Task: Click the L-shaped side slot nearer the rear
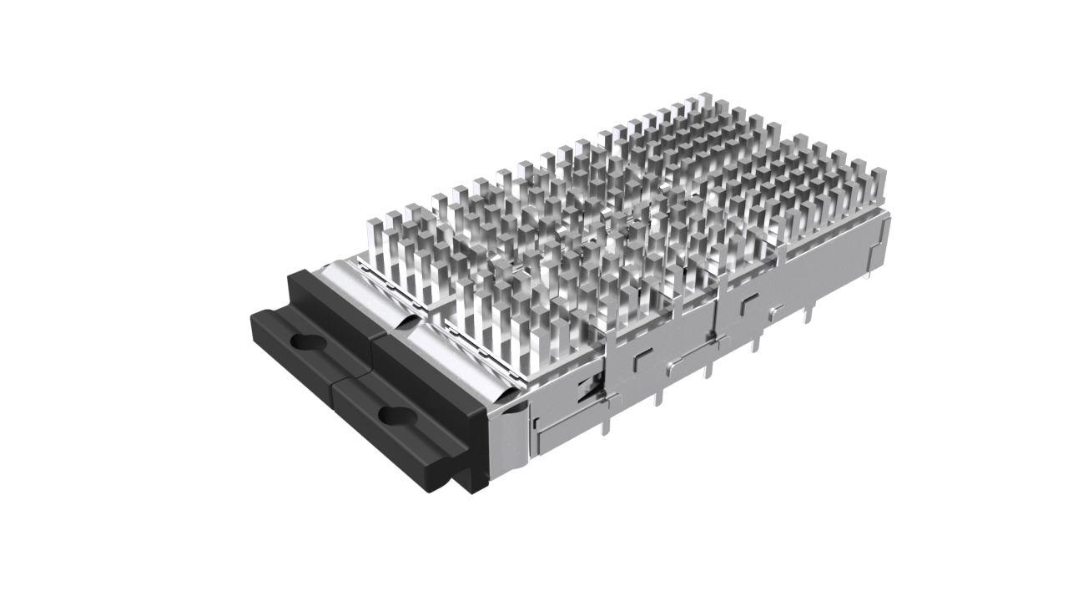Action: pos(748,301)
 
